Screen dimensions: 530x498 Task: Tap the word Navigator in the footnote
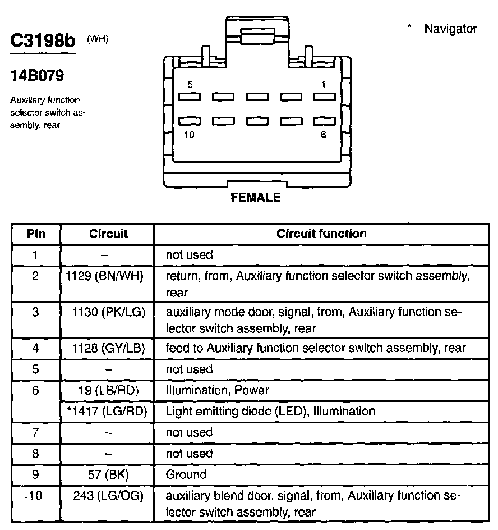tap(450, 29)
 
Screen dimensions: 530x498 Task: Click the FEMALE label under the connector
tap(255, 198)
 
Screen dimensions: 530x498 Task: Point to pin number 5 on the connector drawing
tap(190, 84)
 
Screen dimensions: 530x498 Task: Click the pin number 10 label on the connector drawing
tap(190, 135)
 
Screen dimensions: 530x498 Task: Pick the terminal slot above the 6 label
tap(324, 121)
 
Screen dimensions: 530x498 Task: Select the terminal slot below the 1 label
tap(324, 97)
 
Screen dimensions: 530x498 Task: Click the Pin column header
tap(36, 234)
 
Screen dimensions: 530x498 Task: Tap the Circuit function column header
tap(321, 234)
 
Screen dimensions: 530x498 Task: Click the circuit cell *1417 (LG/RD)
tap(107, 411)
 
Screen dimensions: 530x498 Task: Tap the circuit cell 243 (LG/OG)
tap(108, 496)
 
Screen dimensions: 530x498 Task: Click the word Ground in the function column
tap(186, 474)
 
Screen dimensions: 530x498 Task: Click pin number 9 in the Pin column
tap(36, 474)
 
